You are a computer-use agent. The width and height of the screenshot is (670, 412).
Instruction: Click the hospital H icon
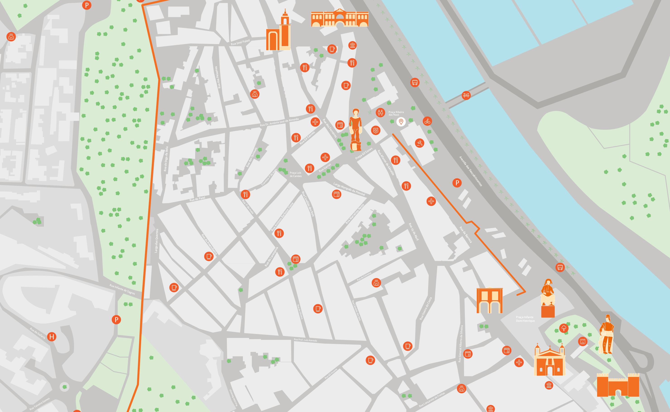[52, 337]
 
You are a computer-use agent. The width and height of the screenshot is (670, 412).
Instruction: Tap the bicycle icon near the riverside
[427, 121]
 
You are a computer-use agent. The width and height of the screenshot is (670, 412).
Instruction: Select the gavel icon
[420, 143]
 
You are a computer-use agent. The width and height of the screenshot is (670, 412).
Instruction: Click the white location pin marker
[401, 121]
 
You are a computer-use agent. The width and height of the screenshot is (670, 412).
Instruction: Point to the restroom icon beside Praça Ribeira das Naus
[380, 112]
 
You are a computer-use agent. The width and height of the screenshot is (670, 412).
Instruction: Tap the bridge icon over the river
[466, 95]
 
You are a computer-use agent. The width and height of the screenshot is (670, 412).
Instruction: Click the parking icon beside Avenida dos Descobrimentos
[457, 183]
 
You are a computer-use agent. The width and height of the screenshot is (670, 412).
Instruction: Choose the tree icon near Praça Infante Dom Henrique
[564, 328]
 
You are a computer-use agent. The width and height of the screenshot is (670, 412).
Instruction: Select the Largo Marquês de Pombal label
[349, 189]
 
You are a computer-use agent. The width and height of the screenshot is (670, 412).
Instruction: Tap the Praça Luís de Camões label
[295, 174]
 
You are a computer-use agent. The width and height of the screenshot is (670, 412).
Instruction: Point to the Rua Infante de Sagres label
[122, 289]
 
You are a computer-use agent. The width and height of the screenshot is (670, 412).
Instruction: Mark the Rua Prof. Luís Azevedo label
[305, 340]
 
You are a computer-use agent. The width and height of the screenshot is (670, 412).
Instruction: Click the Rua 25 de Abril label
[413, 232]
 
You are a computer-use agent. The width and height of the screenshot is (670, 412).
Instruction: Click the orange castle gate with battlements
[618, 385]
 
